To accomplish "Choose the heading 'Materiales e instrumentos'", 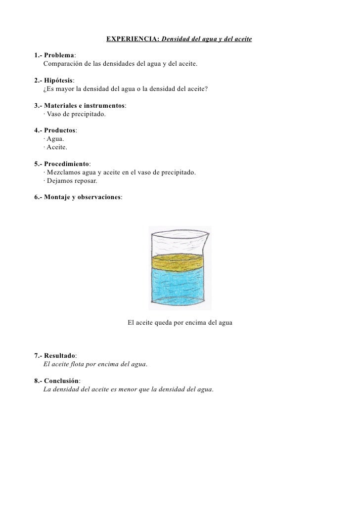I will (84, 105).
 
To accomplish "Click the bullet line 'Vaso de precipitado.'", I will (76, 115).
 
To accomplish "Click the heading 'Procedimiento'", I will (66, 164).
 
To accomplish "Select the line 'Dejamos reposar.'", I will (72, 181).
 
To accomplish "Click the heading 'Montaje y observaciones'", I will (82, 197).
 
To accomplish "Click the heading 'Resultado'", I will (59, 355).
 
